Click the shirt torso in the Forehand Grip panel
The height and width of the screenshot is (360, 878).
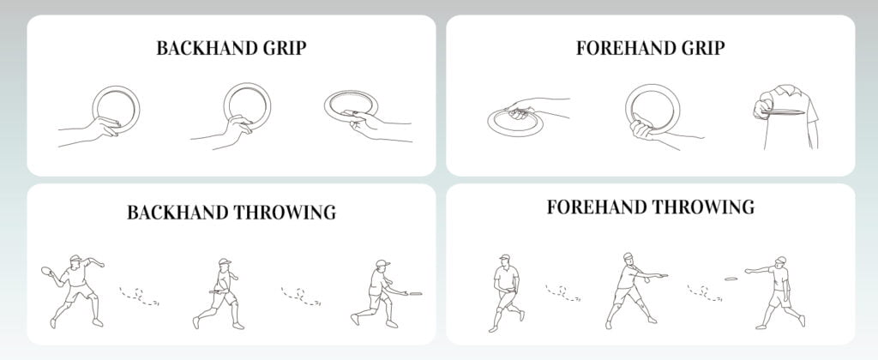click(x=793, y=120)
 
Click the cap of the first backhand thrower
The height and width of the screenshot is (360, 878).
click(x=76, y=258)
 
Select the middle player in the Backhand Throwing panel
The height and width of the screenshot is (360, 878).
click(x=220, y=291)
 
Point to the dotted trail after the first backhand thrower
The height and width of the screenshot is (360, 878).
click(x=139, y=297)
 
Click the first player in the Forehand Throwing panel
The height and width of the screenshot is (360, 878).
click(x=505, y=290)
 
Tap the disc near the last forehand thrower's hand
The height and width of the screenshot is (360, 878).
click(x=731, y=277)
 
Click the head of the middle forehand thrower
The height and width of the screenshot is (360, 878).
click(x=628, y=258)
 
